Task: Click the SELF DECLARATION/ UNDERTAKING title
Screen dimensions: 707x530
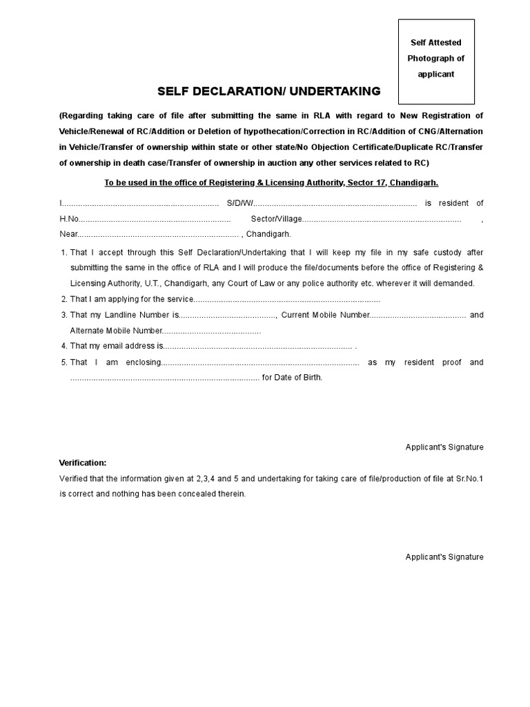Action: coord(268,91)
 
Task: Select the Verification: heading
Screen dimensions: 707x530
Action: coord(83,463)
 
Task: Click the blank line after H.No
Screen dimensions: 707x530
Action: coord(155,219)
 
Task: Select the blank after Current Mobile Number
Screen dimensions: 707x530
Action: coord(418,316)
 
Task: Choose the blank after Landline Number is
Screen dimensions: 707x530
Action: coord(228,316)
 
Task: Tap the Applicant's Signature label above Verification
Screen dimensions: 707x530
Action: coord(444,447)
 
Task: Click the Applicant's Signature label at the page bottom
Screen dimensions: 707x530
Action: coord(444,557)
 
